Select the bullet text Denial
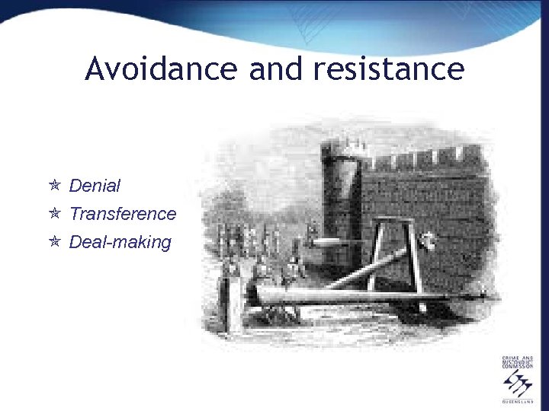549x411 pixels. point(95,186)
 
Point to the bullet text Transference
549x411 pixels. point(122,214)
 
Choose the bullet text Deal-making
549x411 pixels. point(120,243)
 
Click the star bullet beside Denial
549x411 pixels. point(54,185)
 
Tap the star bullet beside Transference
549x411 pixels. point(54,214)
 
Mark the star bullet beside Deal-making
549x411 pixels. point(54,242)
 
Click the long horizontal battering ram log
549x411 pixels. point(358,295)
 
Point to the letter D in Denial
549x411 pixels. point(74,186)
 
